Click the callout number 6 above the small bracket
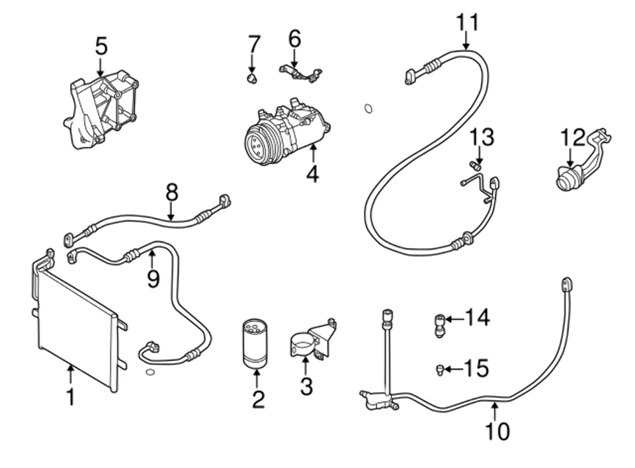[294, 39]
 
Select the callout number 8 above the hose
[171, 193]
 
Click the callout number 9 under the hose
[153, 279]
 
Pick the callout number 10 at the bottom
[497, 431]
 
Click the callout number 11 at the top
[467, 22]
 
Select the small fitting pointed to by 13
[474, 165]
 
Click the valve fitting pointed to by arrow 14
[439, 324]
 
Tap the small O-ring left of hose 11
[368, 108]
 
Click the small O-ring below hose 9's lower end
[150, 373]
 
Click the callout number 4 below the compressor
[312, 174]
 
